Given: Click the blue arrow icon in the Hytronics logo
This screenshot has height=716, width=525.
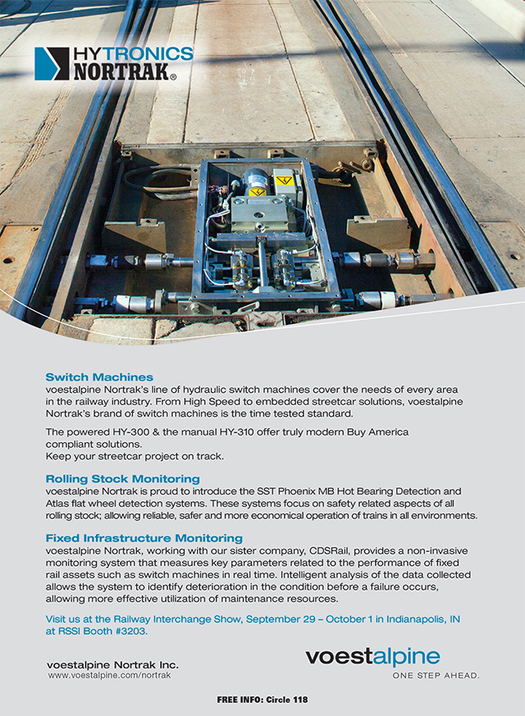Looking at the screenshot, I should (x=51, y=63).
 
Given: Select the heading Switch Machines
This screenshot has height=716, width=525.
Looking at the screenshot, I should (x=99, y=377).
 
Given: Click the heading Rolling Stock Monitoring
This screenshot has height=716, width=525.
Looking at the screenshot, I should (x=122, y=478).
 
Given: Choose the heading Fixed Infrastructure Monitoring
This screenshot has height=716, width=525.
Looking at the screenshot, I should (x=144, y=538).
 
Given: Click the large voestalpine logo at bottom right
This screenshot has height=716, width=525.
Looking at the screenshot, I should (x=372, y=656).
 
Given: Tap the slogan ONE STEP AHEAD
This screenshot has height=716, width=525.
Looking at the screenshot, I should (x=435, y=676).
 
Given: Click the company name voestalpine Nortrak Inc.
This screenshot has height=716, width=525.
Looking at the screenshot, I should (x=112, y=664).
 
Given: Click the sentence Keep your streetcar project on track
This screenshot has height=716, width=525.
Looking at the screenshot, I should (x=134, y=455).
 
